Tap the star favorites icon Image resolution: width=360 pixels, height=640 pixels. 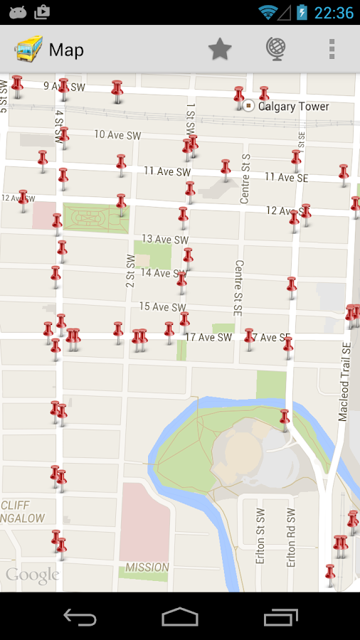220,49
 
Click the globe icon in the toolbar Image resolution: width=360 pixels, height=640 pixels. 276,49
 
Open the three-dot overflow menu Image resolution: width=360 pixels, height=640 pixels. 331,49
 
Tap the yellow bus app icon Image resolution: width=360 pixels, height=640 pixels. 28,49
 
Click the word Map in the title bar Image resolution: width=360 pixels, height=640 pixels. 66,50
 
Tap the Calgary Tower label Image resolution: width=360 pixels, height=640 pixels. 293,107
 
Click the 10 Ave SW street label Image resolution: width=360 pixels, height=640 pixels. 117,134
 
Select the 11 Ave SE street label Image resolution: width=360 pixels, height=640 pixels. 286,177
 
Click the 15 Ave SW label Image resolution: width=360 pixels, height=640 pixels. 162,306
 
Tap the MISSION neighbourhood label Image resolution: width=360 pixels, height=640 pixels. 147,567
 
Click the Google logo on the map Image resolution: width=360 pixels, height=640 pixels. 32,575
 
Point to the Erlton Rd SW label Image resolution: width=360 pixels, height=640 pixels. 291,538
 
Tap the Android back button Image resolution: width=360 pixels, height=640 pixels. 80,617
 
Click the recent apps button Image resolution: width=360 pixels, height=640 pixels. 280,617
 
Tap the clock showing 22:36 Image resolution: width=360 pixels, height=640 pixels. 334,13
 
